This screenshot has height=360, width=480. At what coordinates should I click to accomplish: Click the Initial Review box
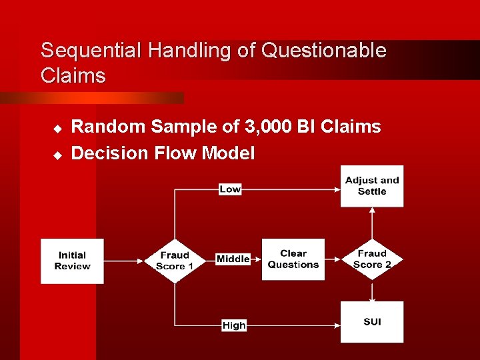tap(72, 261)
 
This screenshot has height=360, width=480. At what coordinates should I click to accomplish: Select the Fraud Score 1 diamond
tap(174, 261)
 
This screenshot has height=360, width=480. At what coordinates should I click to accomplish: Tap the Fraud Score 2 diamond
tap(372, 259)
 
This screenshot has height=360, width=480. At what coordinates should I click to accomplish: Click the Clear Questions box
tap(293, 259)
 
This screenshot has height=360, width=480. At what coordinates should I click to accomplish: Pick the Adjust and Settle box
tap(372, 186)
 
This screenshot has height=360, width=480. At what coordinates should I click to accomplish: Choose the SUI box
tap(372, 322)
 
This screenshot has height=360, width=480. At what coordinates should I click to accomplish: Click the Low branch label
tap(230, 189)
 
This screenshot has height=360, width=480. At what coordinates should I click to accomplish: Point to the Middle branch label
tap(233, 259)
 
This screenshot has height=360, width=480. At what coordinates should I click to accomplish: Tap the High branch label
tap(234, 325)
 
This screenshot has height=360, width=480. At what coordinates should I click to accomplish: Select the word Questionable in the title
tap(325, 51)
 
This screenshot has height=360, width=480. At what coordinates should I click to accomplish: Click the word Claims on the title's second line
tap(73, 76)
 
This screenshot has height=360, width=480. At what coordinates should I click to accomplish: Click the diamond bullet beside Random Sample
tap(57, 127)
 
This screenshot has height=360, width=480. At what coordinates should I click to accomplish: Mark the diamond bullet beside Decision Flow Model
tap(57, 154)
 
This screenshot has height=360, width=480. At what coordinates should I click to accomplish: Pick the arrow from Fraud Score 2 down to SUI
tap(372, 291)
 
